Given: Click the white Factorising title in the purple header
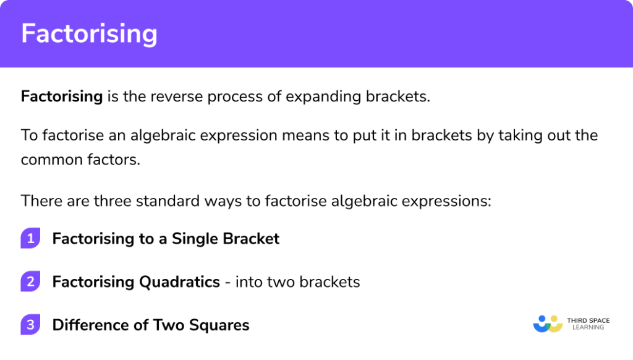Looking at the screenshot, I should pos(89,34).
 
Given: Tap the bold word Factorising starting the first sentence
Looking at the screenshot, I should pos(62,96).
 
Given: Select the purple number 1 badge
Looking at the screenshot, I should pos(30,239).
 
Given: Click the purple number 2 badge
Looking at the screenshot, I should pos(30,282).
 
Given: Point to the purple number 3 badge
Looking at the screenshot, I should pos(30,325).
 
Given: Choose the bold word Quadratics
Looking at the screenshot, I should pos(179,282).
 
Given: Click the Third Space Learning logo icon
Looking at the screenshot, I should pos(547,324).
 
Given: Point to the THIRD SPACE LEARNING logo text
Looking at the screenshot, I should pos(588,324).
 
